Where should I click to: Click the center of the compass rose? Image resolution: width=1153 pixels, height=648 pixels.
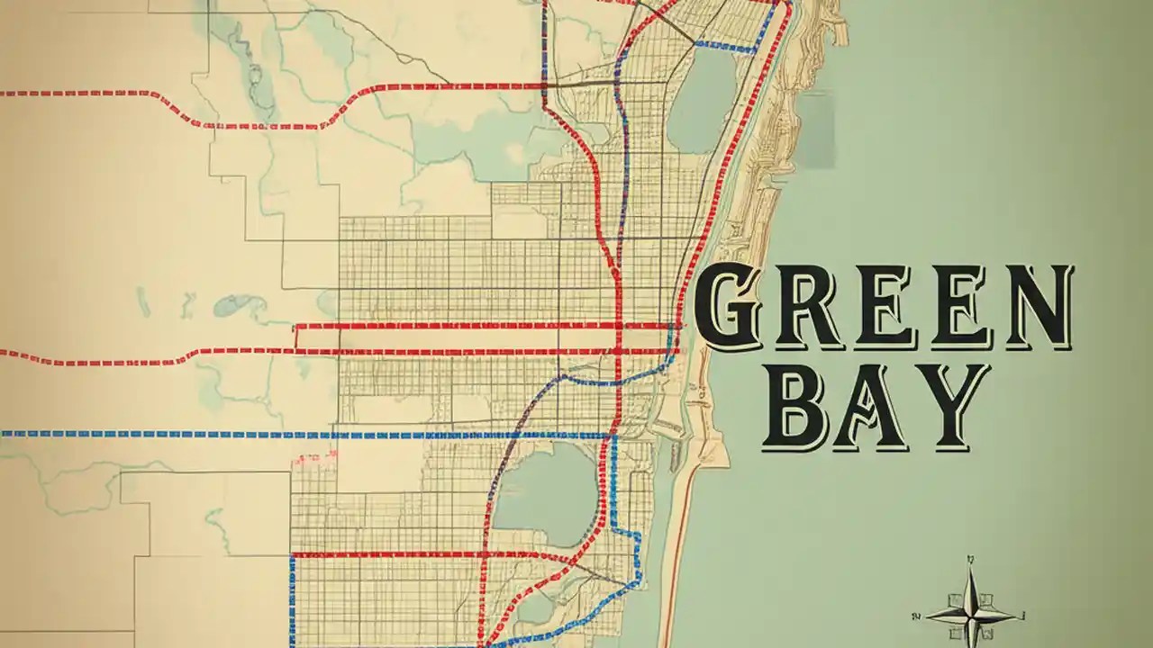pos(971,616)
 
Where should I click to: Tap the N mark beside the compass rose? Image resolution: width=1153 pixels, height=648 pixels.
pos(916,616)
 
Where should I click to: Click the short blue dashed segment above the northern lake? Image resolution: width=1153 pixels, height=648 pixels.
pos(726,46)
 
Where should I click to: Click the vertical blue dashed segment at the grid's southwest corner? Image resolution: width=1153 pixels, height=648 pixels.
pos(292,594)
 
